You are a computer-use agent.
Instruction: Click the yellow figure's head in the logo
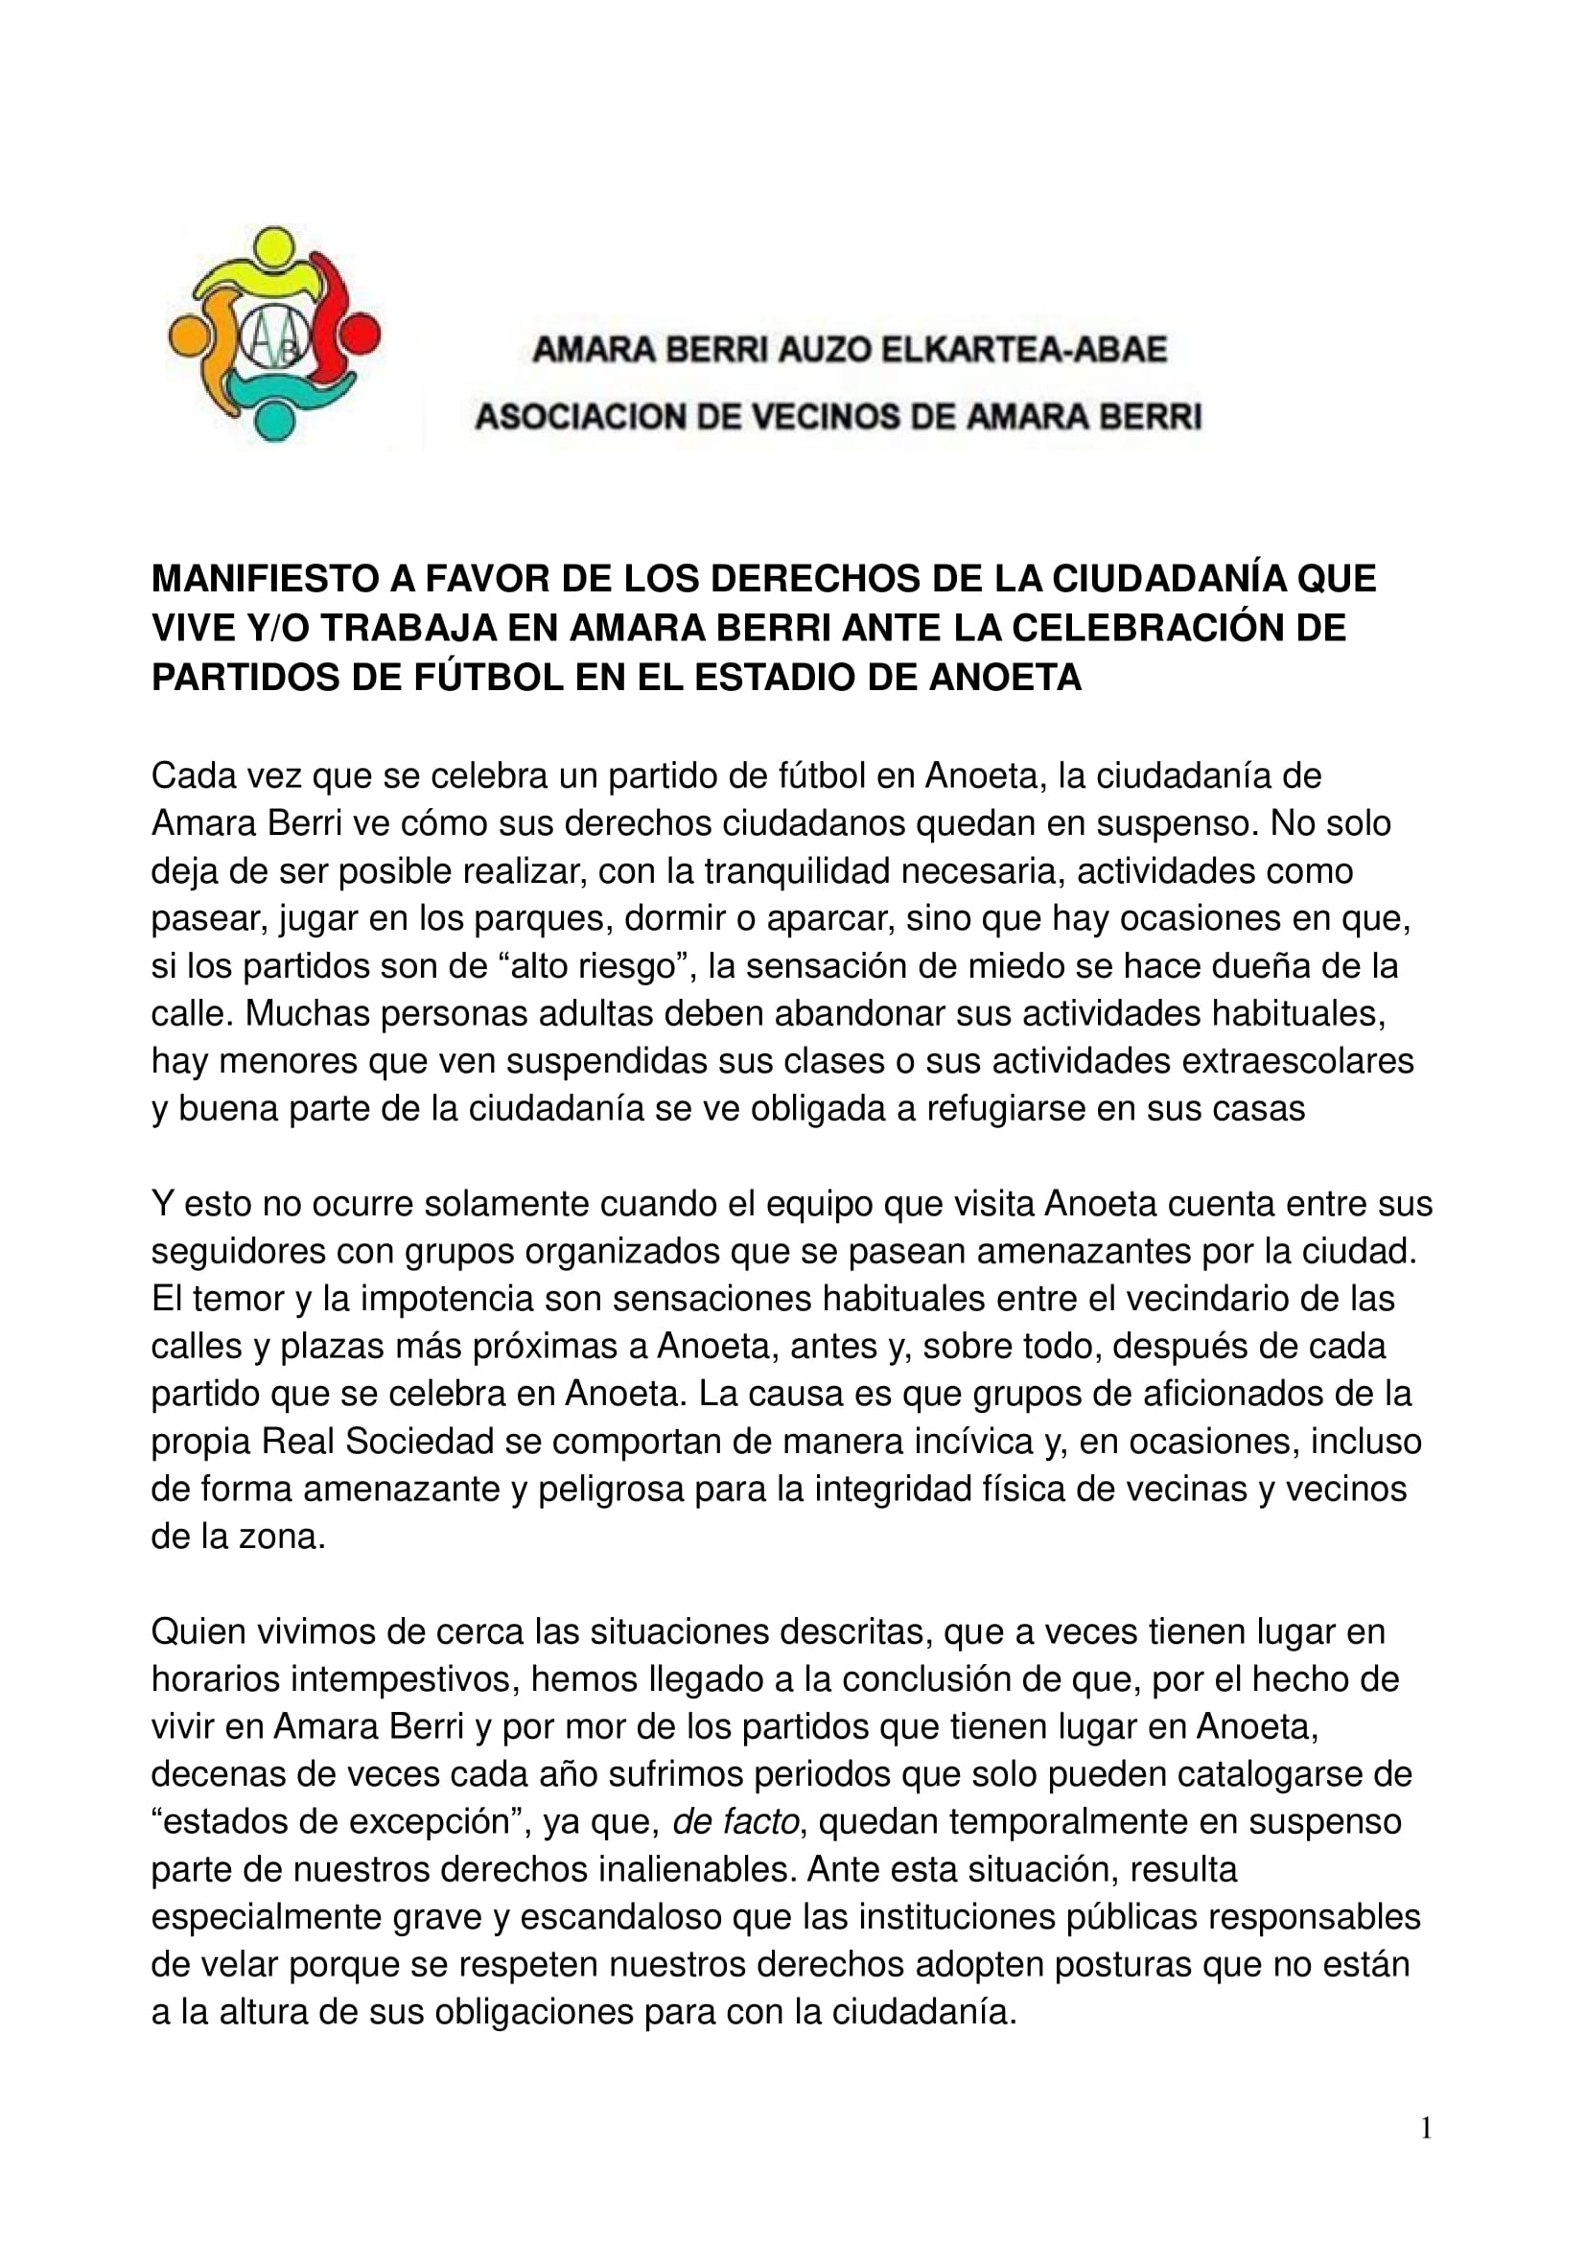tap(276, 245)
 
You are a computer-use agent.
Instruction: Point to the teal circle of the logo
tap(274, 422)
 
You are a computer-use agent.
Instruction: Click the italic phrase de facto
tap(736, 1822)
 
